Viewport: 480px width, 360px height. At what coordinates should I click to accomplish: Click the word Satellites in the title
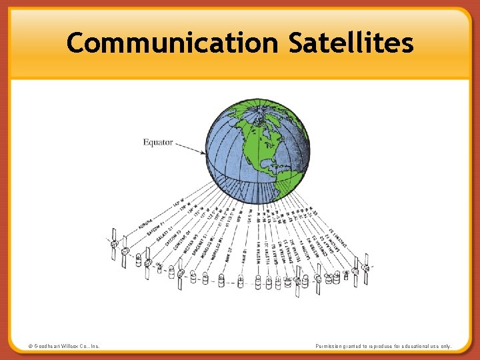[351, 44]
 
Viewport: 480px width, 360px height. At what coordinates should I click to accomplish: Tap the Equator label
[158, 142]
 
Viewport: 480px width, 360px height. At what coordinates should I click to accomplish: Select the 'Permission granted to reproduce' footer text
[384, 347]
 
